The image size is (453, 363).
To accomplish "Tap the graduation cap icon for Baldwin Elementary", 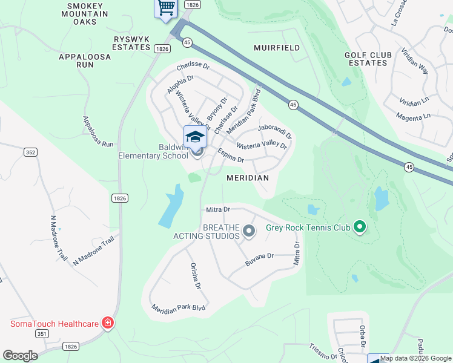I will [195, 137].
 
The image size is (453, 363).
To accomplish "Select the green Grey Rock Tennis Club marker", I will [360, 228].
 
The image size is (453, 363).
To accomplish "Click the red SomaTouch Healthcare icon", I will [108, 323].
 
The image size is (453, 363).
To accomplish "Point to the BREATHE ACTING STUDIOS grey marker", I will [248, 231].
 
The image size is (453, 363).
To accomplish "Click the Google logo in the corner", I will [20, 355].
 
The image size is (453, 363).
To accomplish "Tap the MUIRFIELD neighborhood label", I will [277, 47].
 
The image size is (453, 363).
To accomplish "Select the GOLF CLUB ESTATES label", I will [366, 59].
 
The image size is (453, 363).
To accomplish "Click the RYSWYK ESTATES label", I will [131, 42].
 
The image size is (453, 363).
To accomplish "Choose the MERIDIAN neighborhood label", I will [247, 178].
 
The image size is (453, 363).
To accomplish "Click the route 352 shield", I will [30, 152].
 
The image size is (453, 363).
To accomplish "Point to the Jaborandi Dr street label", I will [274, 131].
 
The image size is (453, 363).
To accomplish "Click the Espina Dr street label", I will [231, 156].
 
